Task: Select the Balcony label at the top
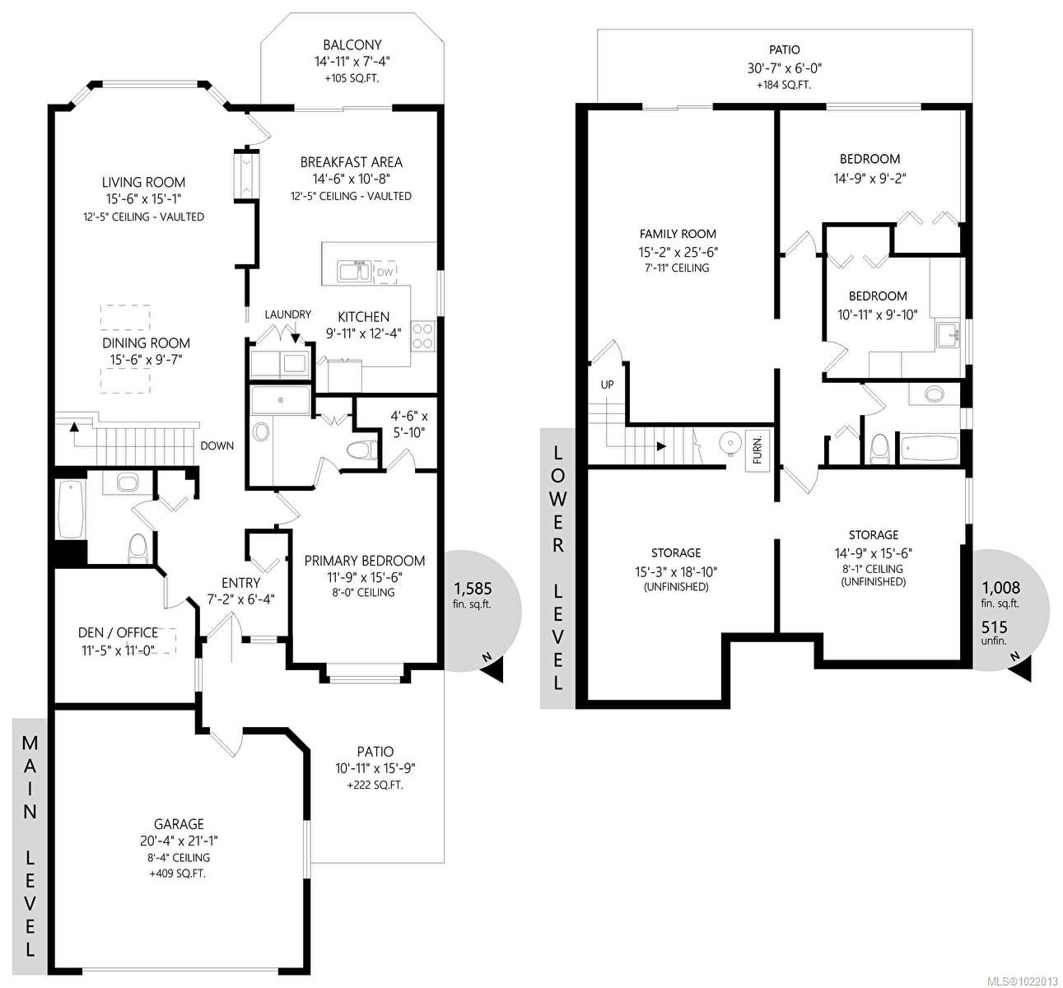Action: point(352,45)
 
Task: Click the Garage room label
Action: point(179,823)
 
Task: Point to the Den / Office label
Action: point(118,632)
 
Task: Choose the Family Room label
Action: point(678,234)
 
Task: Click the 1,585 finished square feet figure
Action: point(472,588)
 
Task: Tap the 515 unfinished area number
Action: point(994,627)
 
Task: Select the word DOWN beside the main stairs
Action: point(217,445)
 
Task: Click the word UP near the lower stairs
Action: point(607,384)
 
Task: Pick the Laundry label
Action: point(287,314)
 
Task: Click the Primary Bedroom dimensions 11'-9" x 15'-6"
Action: point(365,577)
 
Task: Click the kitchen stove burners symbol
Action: point(423,335)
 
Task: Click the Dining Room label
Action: point(147,343)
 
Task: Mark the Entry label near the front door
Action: point(240,583)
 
